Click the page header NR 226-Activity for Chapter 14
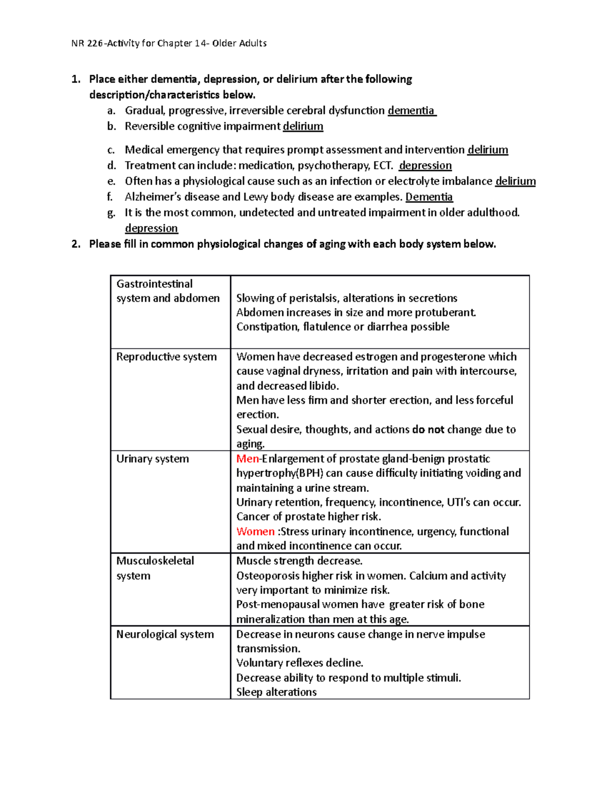[x=169, y=43]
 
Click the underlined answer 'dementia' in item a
[x=411, y=111]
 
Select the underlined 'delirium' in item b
[x=302, y=126]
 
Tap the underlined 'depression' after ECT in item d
[x=425, y=166]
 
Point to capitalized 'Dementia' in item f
[x=429, y=197]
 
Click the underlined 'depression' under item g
[x=151, y=228]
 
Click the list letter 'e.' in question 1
[x=111, y=181]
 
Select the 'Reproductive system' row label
[x=166, y=357]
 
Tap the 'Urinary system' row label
[x=152, y=459]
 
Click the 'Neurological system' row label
[x=165, y=634]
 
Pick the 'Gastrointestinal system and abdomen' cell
[x=167, y=291]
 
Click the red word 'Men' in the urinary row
[x=247, y=459]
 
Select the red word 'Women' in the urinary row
[x=255, y=532]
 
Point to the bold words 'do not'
[x=428, y=430]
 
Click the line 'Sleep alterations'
[x=276, y=692]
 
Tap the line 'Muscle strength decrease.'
[x=299, y=561]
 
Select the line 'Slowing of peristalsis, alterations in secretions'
[x=346, y=298]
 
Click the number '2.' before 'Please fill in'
[x=76, y=244]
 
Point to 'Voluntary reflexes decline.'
[x=299, y=663]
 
